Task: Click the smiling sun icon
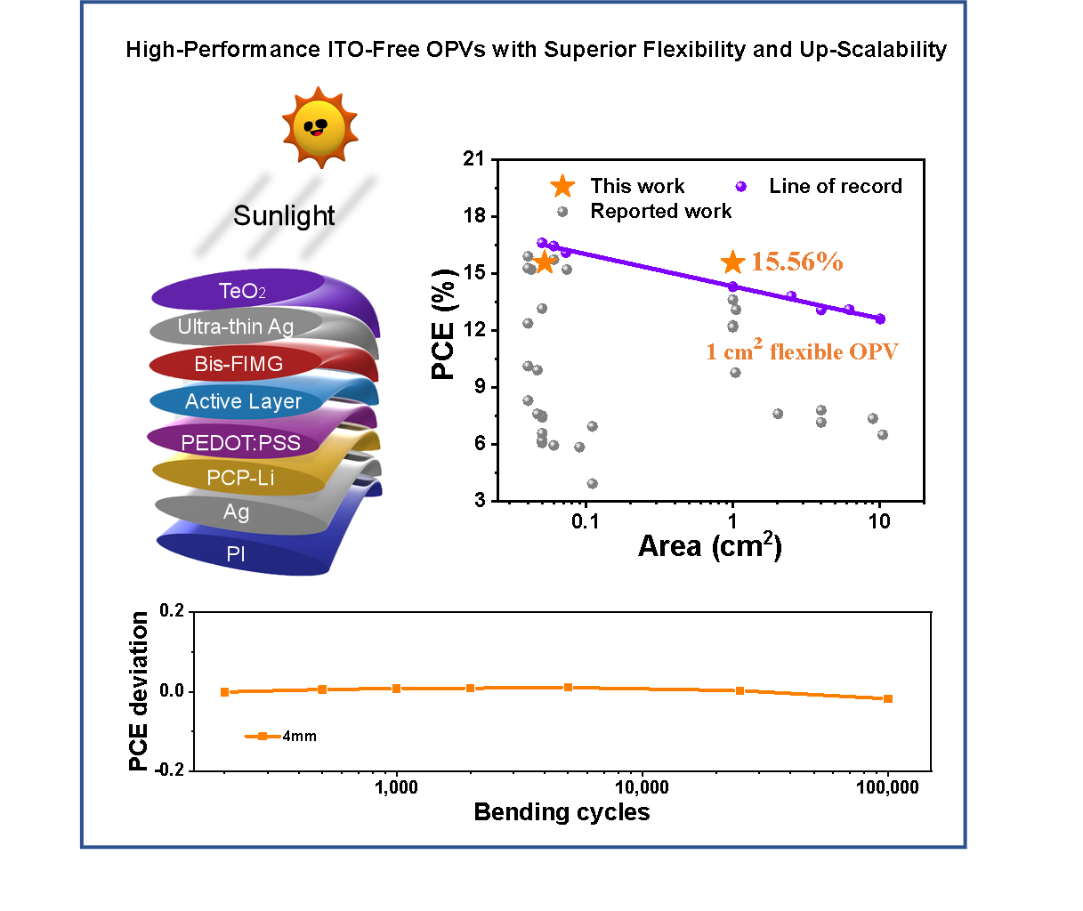tap(319, 127)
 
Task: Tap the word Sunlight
tap(284, 216)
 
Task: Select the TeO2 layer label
tap(242, 291)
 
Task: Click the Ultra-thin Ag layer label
tap(235, 327)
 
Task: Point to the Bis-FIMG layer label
tap(238, 364)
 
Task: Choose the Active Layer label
tap(243, 402)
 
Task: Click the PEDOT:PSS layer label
tap(240, 443)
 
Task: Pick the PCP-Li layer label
tap(240, 478)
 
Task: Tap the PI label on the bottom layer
tap(236, 554)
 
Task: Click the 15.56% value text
tap(797, 262)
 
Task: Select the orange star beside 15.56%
tap(732, 262)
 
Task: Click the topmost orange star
tap(562, 186)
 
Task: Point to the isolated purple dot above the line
tap(741, 187)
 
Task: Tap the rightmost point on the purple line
tap(880, 318)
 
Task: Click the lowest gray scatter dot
tap(593, 484)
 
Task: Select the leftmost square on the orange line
tap(224, 691)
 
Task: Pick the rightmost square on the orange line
tap(888, 698)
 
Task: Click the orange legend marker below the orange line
tap(263, 736)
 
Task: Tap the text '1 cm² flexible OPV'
tap(802, 351)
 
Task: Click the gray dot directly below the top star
tap(562, 212)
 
